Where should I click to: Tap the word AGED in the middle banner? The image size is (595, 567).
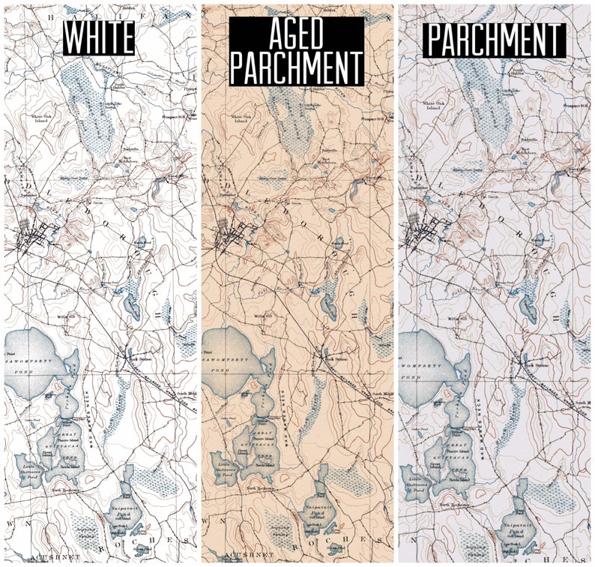[296, 32]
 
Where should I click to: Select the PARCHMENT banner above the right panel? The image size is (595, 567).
[495, 40]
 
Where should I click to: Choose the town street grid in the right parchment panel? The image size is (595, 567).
[421, 238]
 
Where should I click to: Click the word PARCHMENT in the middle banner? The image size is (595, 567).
[296, 67]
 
